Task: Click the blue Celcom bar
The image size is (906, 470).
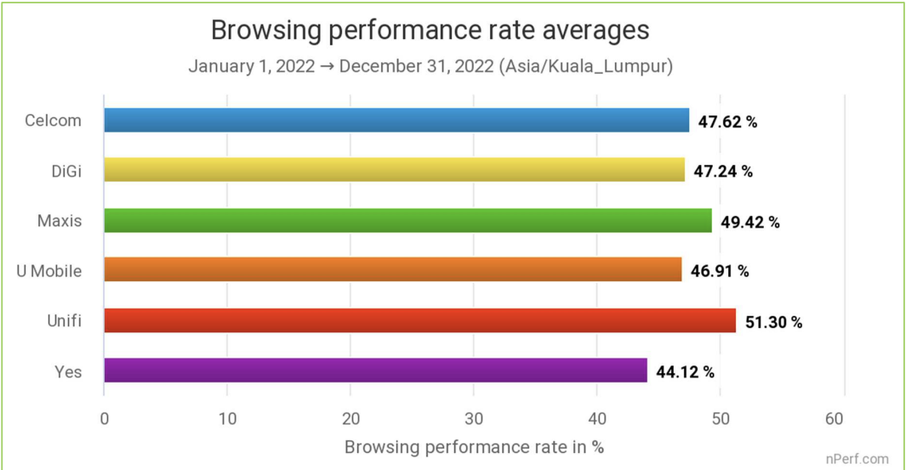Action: click(x=396, y=121)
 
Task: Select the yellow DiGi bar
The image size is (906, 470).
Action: click(x=394, y=170)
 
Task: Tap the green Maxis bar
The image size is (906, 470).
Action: click(x=407, y=221)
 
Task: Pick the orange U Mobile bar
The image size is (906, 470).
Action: click(x=392, y=270)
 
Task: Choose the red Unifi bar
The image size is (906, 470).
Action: click(x=419, y=320)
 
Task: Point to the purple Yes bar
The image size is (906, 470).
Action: click(x=375, y=371)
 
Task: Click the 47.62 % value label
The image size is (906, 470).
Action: click(x=727, y=122)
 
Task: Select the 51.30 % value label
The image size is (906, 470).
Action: click(x=773, y=322)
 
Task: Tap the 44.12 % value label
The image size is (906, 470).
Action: click(x=685, y=372)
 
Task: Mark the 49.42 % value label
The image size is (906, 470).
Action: click(x=750, y=222)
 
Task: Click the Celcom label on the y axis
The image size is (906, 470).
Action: click(x=54, y=121)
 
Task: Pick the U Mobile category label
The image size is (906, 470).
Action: click(x=49, y=271)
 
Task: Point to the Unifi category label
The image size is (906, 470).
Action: click(x=65, y=321)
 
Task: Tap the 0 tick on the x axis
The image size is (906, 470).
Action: click(x=104, y=418)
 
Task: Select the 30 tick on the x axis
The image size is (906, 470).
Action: click(x=474, y=418)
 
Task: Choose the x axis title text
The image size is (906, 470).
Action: click(x=474, y=447)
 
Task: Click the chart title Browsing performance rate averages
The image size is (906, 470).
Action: click(x=430, y=31)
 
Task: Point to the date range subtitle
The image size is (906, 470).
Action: click(x=430, y=66)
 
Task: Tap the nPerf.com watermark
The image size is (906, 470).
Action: click(x=857, y=459)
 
